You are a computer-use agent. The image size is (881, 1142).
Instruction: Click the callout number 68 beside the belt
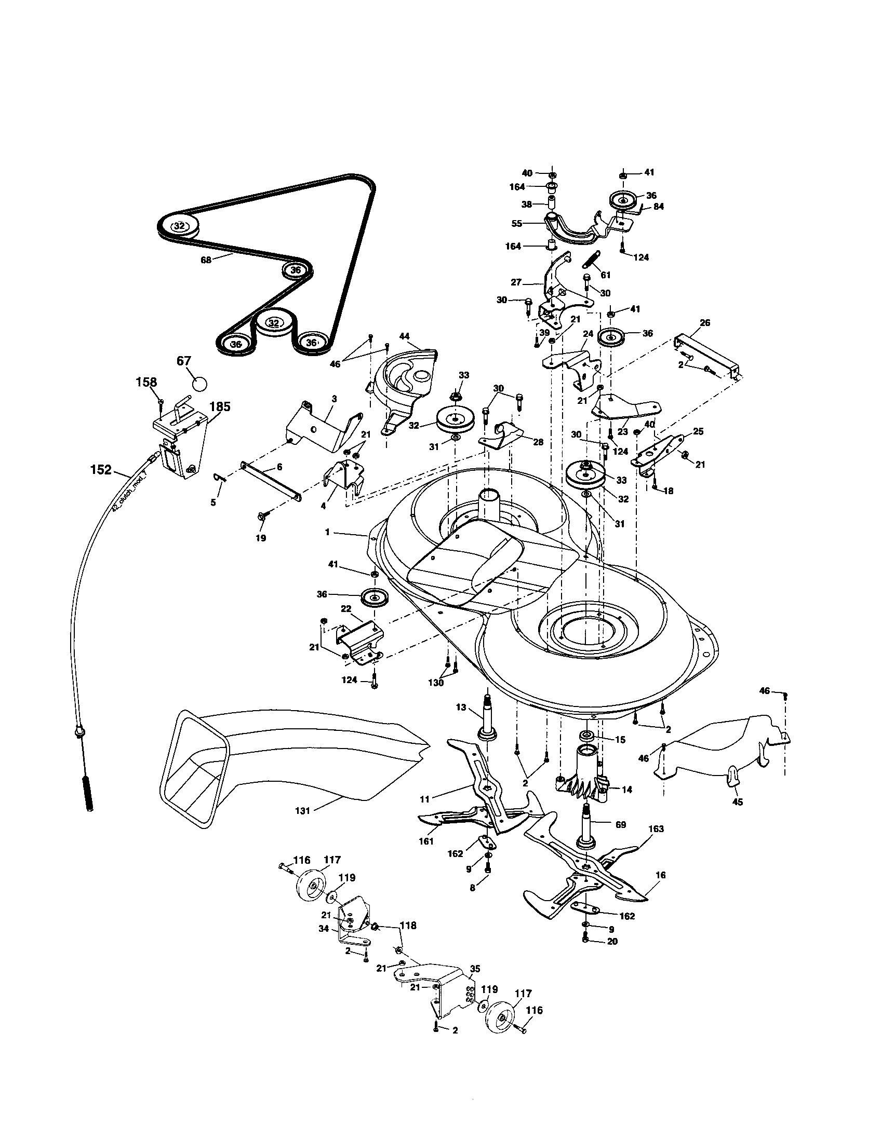(x=206, y=260)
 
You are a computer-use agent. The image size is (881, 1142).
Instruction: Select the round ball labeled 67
(x=200, y=383)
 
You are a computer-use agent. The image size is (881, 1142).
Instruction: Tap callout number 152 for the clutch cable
(x=100, y=470)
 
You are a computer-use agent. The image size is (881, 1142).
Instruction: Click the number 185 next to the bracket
(x=220, y=406)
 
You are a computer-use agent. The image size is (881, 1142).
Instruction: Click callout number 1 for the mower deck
(x=327, y=532)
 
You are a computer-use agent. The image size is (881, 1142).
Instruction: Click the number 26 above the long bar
(x=705, y=323)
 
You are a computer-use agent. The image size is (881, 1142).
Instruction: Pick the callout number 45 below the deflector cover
(x=738, y=801)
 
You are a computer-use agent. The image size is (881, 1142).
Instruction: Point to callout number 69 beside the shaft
(x=620, y=825)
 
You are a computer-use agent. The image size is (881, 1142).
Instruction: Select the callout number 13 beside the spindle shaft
(x=460, y=708)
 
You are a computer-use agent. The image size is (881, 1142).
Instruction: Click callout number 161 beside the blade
(x=426, y=842)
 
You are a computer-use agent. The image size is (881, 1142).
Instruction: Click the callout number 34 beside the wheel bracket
(x=324, y=929)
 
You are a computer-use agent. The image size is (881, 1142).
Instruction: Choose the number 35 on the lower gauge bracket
(x=474, y=969)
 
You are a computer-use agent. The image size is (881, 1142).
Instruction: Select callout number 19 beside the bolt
(x=261, y=538)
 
